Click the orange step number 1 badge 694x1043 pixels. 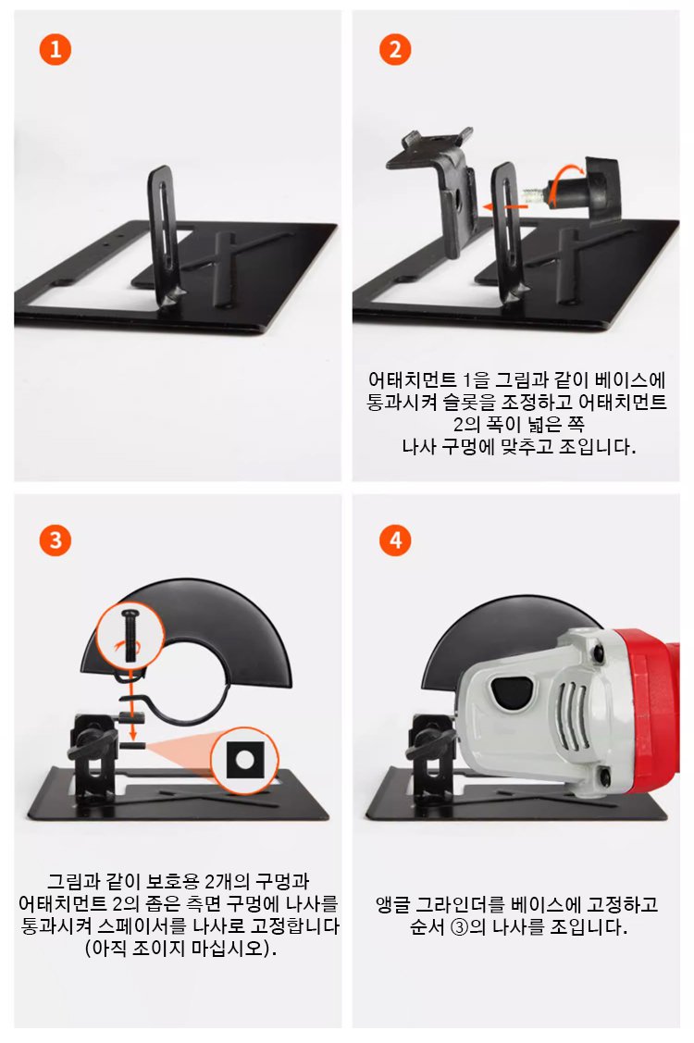click(x=56, y=49)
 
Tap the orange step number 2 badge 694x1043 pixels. click(x=395, y=49)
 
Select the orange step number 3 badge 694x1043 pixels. click(x=56, y=540)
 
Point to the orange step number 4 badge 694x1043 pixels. click(x=395, y=540)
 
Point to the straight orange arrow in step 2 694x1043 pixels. click(x=503, y=207)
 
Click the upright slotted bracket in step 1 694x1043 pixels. click(x=165, y=236)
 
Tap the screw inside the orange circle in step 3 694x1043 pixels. click(x=130, y=635)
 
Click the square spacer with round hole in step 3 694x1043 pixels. click(x=245, y=760)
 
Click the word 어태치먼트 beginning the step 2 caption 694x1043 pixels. click(x=412, y=379)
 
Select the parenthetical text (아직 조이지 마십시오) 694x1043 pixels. click(x=180, y=948)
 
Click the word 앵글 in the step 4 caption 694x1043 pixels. click(x=391, y=905)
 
